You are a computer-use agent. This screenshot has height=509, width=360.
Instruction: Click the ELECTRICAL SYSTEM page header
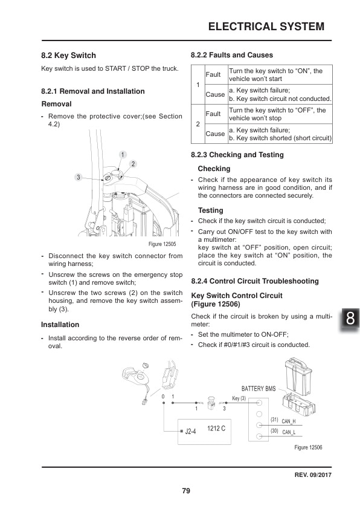click(x=266, y=27)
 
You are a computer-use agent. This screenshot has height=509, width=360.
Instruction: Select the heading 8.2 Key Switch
click(x=68, y=55)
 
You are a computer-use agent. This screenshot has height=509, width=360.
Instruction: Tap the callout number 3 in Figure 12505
click(x=78, y=177)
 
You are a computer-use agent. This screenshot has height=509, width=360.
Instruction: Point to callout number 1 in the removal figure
click(x=122, y=155)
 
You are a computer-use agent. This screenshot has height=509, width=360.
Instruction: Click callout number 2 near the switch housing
click(x=132, y=164)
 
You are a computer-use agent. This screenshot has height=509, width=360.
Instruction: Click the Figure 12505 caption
click(x=162, y=244)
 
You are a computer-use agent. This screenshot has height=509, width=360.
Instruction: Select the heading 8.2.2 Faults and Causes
click(x=231, y=55)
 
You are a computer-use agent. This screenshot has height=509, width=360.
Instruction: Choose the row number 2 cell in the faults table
click(x=198, y=123)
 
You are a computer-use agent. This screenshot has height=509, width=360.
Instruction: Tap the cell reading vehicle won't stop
click(x=280, y=114)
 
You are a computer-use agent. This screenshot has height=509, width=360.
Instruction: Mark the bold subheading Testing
click(x=210, y=210)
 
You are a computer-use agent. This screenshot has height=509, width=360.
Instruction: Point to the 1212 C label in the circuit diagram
click(x=216, y=428)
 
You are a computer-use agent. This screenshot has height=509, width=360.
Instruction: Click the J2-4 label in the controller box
click(x=190, y=432)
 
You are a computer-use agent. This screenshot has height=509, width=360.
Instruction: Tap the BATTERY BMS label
click(x=258, y=388)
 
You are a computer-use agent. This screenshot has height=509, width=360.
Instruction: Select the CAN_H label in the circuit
click(x=289, y=421)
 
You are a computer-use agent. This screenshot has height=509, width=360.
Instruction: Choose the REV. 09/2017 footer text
click(x=308, y=474)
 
